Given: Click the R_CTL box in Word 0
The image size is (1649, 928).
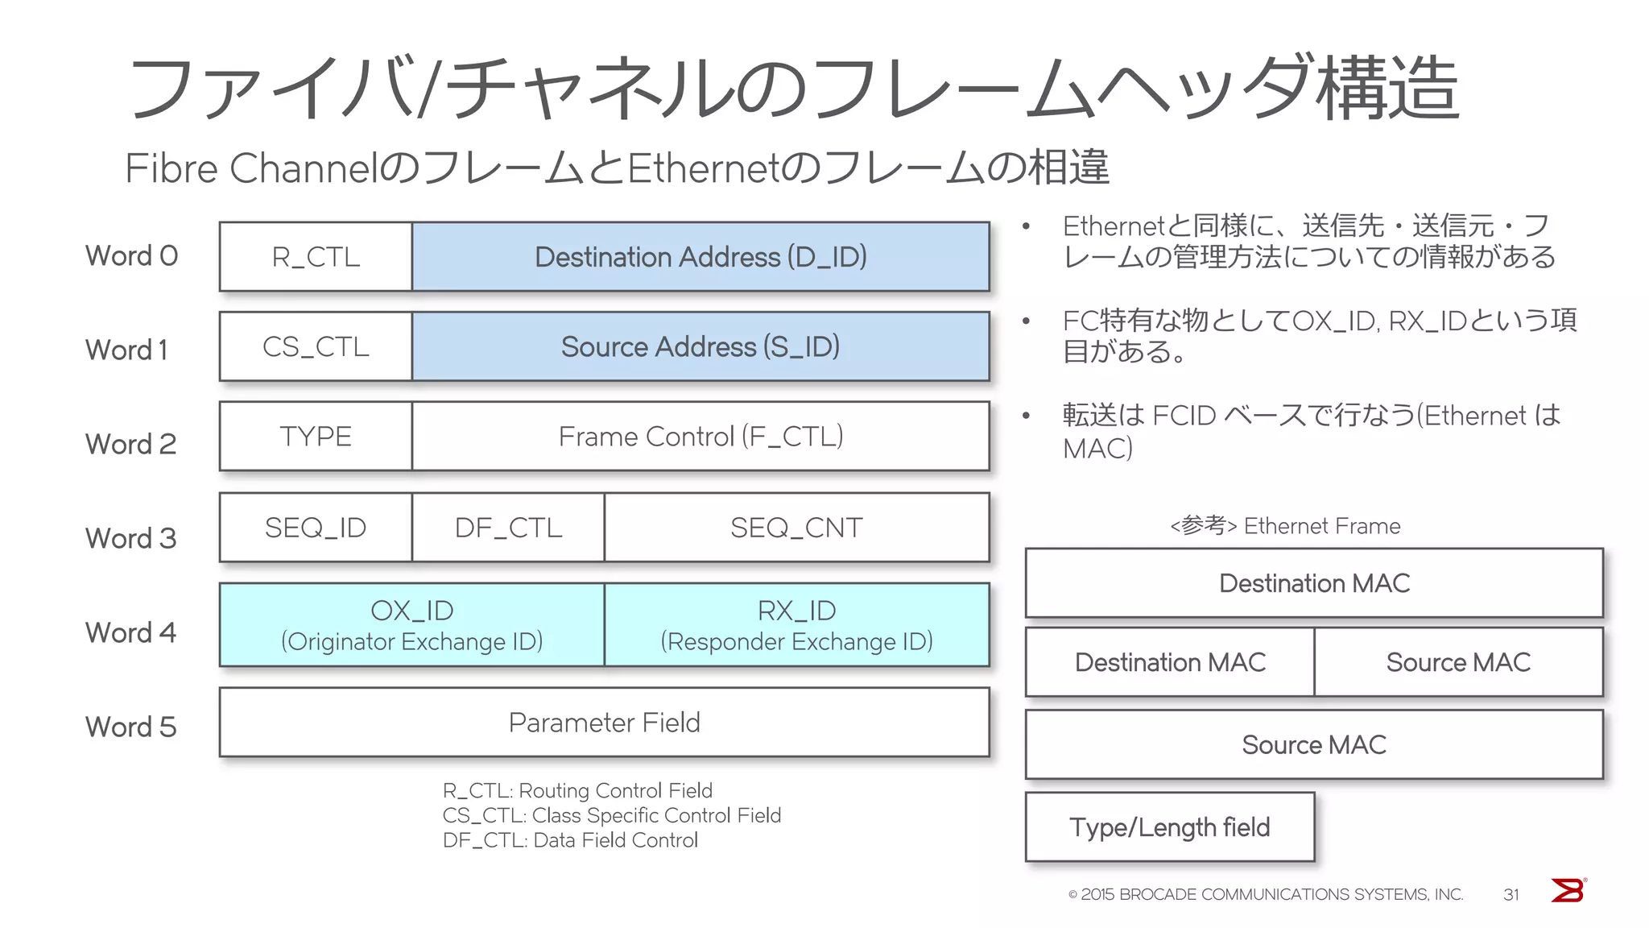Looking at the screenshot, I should coord(316,257).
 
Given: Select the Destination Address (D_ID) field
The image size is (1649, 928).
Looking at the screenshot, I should coord(701,257).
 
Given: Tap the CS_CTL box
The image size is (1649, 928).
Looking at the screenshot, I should coord(316,346).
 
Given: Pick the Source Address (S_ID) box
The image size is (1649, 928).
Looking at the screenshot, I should coord(701,346).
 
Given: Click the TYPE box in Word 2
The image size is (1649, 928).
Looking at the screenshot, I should coord(316,437).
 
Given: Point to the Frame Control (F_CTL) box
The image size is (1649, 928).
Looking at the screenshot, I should coord(701,437).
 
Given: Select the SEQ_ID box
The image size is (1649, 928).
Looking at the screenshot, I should coord(316,528).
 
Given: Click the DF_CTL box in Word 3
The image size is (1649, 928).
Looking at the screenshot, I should coord(508,528).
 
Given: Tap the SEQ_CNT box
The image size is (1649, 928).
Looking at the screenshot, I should coord(796,528).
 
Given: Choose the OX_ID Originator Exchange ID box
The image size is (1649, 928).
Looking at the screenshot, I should coord(411,625).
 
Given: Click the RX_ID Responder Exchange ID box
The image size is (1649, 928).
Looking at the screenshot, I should coord(796,625).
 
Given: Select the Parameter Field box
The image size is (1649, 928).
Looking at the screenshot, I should coord(604,723).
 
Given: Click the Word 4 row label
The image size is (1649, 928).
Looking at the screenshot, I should coord(130,632).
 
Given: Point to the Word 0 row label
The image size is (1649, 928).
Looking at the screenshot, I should coord(131,255).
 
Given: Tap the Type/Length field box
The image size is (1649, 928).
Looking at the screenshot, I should coord(1169,827).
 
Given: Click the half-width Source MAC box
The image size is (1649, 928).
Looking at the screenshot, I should coord(1458,662).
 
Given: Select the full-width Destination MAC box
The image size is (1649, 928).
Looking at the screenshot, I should coord(1314,583).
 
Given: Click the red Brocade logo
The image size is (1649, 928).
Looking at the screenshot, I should coord(1568,891).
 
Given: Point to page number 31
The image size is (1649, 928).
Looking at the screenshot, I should coord(1511,895).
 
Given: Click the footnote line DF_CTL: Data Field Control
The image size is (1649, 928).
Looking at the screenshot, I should coord(570,840).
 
